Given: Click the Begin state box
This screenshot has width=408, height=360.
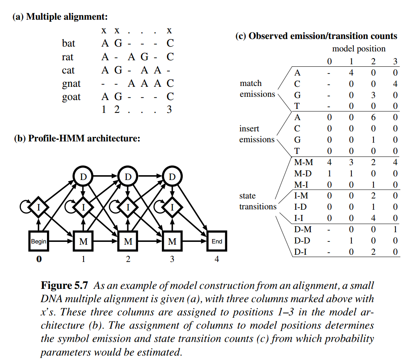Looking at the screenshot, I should (x=39, y=241).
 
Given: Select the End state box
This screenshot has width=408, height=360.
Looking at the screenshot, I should (x=217, y=241).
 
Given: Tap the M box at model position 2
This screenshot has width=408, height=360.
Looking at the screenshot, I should (x=128, y=241).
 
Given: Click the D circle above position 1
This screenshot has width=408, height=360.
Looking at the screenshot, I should (x=84, y=176).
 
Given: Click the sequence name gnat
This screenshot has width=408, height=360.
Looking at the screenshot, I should (x=71, y=84).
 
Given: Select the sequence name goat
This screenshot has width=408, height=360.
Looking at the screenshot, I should (x=71, y=97).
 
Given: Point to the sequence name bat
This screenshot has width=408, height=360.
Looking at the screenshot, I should (x=69, y=43).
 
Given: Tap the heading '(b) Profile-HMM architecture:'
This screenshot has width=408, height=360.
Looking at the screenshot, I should (x=77, y=139).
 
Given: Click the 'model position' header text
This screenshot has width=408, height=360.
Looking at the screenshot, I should (x=359, y=49).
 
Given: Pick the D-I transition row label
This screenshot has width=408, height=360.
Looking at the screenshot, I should (x=302, y=252).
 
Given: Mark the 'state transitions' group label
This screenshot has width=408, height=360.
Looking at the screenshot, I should (x=258, y=201).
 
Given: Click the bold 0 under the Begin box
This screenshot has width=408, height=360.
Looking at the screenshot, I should (x=39, y=259).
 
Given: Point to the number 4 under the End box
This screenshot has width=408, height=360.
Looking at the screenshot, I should (x=217, y=259).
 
